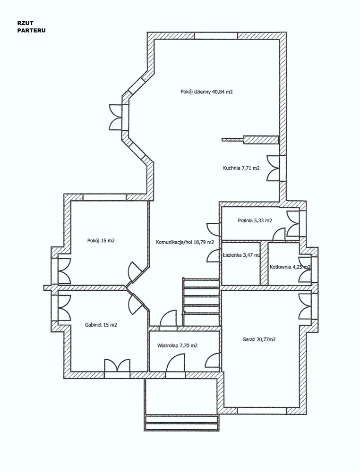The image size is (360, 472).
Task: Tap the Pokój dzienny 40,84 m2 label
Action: click(x=206, y=92)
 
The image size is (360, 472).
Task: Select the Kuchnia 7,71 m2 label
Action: click(x=241, y=169)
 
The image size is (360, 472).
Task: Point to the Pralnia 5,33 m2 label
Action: click(x=255, y=220)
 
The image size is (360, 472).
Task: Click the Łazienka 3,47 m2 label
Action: click(x=241, y=255)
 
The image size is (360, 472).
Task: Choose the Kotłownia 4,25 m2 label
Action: click(x=290, y=267)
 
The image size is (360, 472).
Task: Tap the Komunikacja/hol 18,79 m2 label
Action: click(x=185, y=242)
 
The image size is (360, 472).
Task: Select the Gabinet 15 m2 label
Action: click(x=101, y=325)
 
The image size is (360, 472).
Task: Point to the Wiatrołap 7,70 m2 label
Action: click(x=178, y=346)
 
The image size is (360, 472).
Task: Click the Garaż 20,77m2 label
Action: click(x=259, y=339)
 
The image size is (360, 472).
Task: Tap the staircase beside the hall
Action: click(x=201, y=302)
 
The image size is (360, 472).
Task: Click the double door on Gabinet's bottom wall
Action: click(x=117, y=365)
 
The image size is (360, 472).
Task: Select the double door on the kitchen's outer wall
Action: click(x=273, y=169)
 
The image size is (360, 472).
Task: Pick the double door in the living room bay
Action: click(x=116, y=117)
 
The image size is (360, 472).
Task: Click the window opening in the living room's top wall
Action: click(x=216, y=36)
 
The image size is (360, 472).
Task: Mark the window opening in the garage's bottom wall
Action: click(x=262, y=411)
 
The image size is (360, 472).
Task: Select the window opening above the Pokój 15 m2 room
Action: click(x=104, y=197)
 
